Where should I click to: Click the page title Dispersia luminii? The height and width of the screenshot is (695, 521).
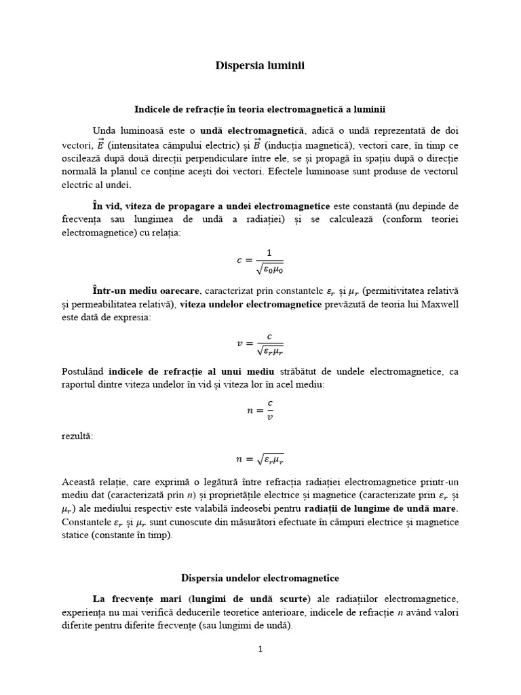(x=260, y=66)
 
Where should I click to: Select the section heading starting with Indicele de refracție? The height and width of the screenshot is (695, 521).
(x=260, y=109)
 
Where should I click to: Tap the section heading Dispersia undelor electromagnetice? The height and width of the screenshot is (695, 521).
(x=260, y=578)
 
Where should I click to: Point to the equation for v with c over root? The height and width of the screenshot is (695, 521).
(x=260, y=343)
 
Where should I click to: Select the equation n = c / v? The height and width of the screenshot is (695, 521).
(x=260, y=410)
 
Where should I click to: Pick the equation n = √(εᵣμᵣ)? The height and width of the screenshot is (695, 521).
(x=260, y=459)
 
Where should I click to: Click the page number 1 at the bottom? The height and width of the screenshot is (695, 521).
(x=260, y=649)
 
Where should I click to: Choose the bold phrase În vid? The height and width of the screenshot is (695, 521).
(x=107, y=206)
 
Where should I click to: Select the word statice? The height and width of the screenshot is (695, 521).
(x=77, y=535)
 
